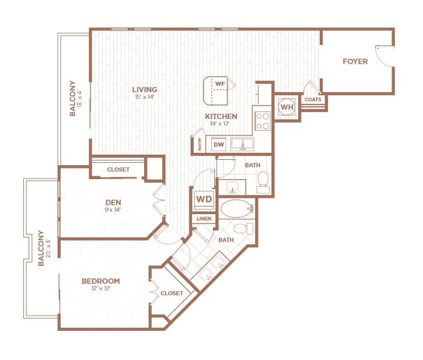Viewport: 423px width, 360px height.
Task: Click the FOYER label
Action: point(355,61)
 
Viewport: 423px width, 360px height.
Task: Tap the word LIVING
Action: point(145,89)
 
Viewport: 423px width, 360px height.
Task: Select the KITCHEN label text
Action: point(221,116)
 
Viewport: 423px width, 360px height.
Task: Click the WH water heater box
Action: point(286,107)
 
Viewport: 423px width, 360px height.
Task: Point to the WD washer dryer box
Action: point(204,199)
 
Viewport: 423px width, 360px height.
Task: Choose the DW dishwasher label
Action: point(219,144)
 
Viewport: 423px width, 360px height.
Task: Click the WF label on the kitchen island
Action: point(220,84)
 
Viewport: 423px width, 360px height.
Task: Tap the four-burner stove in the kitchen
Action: point(263,120)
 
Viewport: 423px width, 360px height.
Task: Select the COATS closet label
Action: point(312,100)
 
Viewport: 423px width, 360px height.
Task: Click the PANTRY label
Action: point(200,144)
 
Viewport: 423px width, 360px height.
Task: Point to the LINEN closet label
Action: point(204,219)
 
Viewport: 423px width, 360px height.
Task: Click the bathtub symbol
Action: point(235,208)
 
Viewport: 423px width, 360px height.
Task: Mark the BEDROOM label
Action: point(100,281)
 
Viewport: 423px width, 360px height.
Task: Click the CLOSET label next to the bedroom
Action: point(172,293)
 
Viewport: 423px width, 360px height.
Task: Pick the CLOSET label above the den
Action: point(118,170)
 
